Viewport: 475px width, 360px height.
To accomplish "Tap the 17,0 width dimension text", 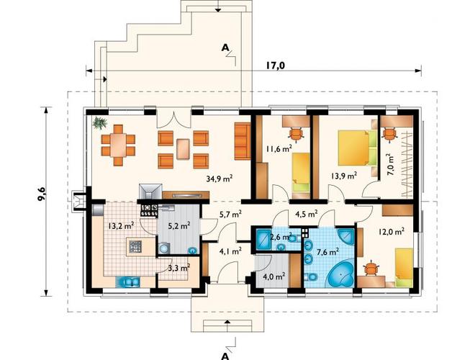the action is (x=276, y=66).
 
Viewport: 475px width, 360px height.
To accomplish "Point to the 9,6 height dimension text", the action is (x=42, y=194).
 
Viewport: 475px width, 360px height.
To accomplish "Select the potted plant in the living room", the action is (x=100, y=123).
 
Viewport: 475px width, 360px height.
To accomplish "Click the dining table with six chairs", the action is (x=118, y=145).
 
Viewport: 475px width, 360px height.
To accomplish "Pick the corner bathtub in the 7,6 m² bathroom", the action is (x=340, y=273).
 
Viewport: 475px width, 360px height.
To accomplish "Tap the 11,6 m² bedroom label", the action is (x=279, y=148).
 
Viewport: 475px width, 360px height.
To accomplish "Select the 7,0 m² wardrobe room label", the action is (x=391, y=165).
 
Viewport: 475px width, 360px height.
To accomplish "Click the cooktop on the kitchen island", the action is (x=135, y=246).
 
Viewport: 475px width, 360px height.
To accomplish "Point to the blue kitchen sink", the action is (x=128, y=282).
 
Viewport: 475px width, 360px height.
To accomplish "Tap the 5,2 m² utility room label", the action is (x=178, y=225).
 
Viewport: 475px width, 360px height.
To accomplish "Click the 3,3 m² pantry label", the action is (x=179, y=268).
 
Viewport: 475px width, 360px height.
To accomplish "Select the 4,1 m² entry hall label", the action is (x=230, y=251).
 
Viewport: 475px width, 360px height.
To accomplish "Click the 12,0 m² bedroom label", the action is (x=392, y=232).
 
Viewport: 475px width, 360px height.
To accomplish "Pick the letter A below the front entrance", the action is (x=225, y=356).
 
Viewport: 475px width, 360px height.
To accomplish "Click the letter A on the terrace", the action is (x=225, y=48).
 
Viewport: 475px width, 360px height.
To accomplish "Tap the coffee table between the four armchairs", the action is (x=184, y=149).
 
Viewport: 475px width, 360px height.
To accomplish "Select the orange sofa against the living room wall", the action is (x=243, y=141).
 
